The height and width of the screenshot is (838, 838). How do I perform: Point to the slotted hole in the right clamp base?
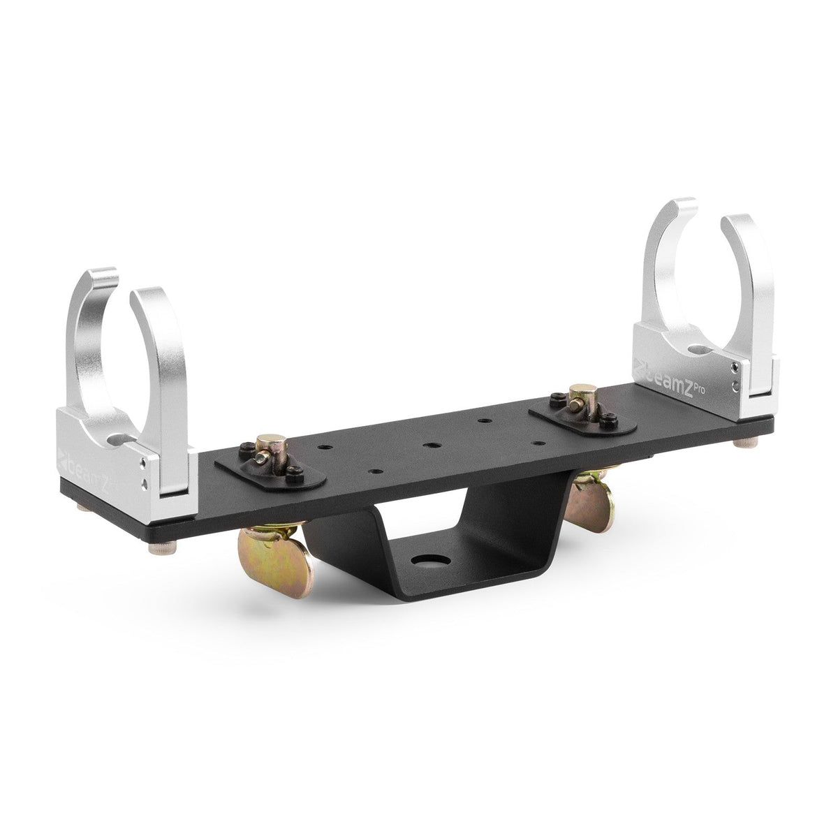pos(697,348)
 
